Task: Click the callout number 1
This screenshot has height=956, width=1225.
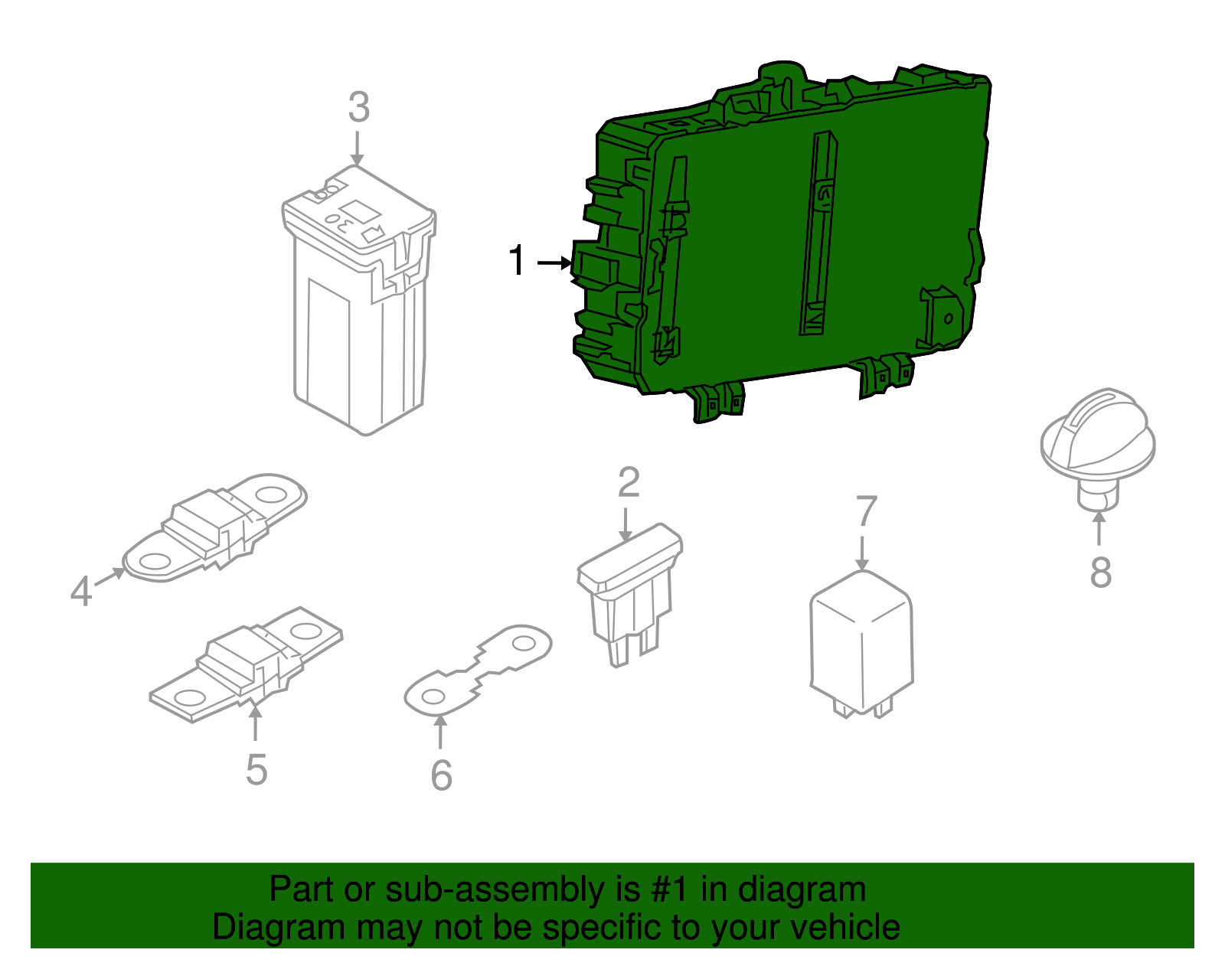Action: tap(516, 260)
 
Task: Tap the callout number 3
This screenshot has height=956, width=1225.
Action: tap(359, 107)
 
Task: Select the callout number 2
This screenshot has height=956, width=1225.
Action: tap(629, 482)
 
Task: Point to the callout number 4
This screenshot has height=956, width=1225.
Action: tap(81, 592)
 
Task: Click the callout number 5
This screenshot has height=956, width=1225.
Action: tap(256, 769)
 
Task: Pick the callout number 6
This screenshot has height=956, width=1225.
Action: tap(442, 775)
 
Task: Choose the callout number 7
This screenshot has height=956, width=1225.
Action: tap(867, 511)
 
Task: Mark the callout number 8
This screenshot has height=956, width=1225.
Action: tap(1101, 572)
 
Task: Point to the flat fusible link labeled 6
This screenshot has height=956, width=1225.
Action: tap(478, 671)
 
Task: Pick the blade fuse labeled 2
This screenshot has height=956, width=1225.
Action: tap(630, 595)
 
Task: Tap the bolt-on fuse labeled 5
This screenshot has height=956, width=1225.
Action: tap(246, 665)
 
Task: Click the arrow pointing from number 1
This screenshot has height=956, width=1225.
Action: tap(554, 263)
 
